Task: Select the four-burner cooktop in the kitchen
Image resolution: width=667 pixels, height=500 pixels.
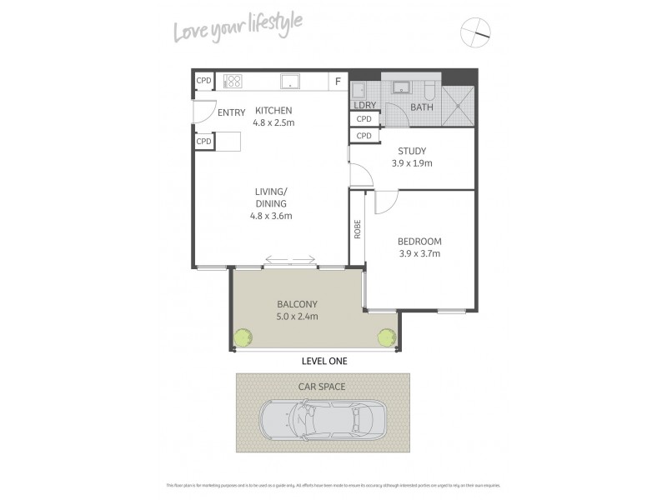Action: (232, 82)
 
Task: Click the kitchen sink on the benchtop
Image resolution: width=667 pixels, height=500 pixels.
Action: (290, 82)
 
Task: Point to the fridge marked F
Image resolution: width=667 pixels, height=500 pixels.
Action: (338, 82)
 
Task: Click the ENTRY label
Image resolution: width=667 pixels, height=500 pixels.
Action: (231, 112)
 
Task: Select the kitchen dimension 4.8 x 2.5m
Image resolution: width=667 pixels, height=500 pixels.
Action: (273, 122)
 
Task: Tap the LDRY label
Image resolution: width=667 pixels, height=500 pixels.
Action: (365, 105)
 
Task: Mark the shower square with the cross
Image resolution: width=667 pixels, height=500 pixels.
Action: (457, 105)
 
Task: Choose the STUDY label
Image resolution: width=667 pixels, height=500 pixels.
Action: (412, 151)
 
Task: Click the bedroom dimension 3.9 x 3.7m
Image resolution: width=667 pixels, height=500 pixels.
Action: (419, 253)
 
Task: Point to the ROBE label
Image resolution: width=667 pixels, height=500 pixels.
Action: (357, 229)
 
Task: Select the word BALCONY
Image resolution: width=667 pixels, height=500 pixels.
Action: (297, 304)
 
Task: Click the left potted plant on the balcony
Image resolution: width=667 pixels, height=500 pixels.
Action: (242, 337)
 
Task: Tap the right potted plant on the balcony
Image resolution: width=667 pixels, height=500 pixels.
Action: (387, 337)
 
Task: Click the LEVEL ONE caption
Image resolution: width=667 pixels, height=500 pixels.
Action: (323, 362)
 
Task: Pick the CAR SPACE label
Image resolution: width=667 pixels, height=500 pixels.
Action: (323, 386)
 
